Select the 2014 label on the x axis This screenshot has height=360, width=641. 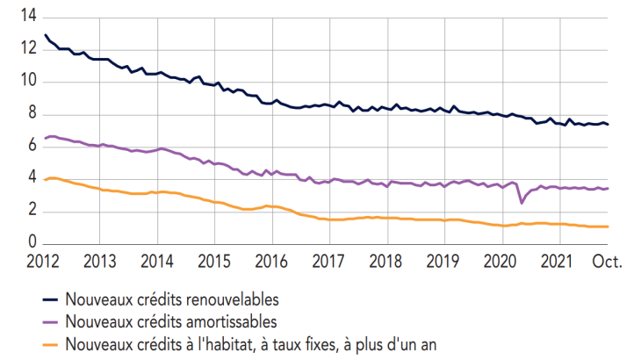click(x=157, y=261)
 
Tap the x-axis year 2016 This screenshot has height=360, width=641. click(x=271, y=261)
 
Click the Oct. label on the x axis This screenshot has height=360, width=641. click(x=607, y=261)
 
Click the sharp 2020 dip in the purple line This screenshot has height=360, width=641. click(x=522, y=203)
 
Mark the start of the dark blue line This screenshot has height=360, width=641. click(x=45, y=35)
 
